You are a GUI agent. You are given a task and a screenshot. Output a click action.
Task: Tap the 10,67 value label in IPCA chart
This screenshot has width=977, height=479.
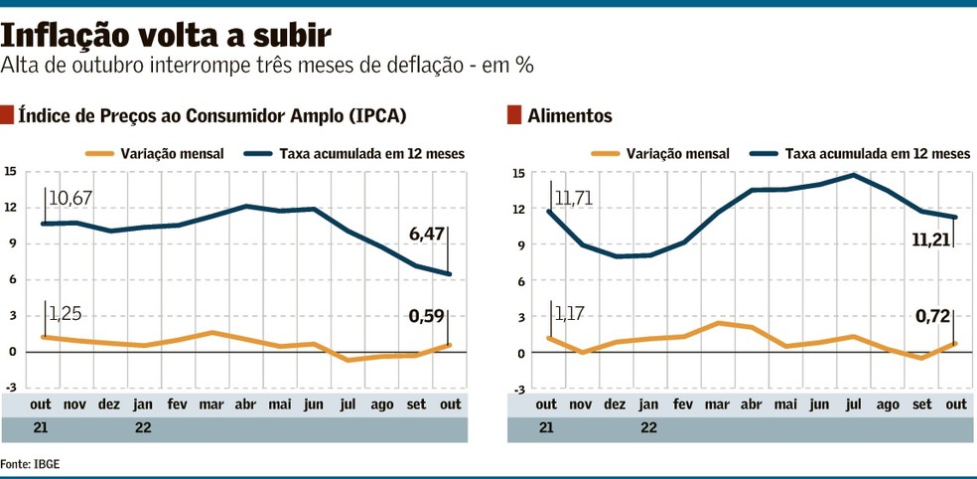coord(70,199)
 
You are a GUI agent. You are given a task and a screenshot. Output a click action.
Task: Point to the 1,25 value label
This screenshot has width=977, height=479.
coord(65,314)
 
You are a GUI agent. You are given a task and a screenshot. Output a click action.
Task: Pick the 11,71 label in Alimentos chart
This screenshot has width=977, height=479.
coord(575,198)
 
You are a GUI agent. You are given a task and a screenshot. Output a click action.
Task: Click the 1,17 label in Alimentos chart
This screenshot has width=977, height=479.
coord(569,315)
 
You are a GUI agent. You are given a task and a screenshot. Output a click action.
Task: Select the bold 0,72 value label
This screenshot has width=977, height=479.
coord(932,317)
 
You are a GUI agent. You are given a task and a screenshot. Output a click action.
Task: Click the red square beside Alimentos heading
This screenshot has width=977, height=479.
coord(513,114)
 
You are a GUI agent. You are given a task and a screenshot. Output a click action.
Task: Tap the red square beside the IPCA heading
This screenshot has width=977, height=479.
coord(8,114)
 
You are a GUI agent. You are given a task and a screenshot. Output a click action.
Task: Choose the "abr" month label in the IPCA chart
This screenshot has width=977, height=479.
coord(245,404)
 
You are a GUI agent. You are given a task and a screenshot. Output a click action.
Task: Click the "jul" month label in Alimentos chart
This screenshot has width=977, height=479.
coord(852,404)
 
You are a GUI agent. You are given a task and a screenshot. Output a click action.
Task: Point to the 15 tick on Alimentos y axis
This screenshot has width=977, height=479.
coord(518,173)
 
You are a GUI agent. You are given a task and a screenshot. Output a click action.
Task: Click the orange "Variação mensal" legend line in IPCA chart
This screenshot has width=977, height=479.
coord(99,154)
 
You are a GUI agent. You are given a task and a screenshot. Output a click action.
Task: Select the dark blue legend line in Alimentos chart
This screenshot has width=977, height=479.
coord(763,154)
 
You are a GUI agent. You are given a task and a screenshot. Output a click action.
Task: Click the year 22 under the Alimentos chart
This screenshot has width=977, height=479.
coord(648,428)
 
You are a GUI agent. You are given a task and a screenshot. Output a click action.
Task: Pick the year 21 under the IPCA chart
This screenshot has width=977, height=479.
coord(40,428)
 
